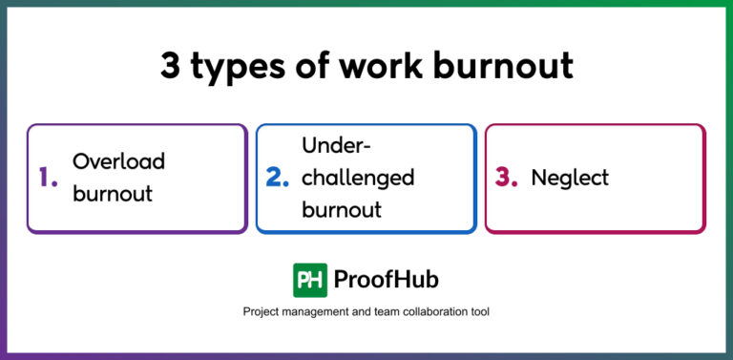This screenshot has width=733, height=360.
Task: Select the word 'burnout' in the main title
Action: [x=501, y=66]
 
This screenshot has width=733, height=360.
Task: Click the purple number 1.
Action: [x=48, y=178]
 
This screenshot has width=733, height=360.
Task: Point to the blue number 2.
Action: [x=277, y=178]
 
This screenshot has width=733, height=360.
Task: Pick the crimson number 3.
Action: [x=506, y=178]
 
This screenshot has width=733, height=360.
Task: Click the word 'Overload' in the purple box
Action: [x=118, y=161]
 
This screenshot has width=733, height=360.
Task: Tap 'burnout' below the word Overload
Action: [x=113, y=194]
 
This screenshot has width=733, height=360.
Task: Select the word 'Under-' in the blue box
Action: [x=336, y=145]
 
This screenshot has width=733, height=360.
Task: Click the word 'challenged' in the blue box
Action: [x=358, y=179]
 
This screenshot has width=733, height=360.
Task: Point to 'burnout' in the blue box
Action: [x=342, y=210]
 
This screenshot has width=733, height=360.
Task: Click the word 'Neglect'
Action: [x=570, y=178]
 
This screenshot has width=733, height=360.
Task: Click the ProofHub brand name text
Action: [x=387, y=280]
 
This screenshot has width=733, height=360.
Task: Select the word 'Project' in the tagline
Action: [x=262, y=312]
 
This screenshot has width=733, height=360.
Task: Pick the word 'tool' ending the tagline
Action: [x=478, y=312]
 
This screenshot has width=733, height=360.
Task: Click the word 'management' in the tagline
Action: [x=322, y=312]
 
